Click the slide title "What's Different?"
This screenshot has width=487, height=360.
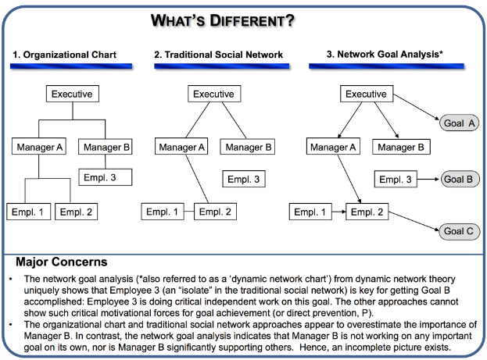tap(222, 21)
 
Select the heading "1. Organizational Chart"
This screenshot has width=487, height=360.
tap(64, 55)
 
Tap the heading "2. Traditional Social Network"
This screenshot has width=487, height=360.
tap(218, 55)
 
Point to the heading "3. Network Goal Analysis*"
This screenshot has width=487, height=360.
tap(385, 55)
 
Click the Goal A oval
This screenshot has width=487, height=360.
tap(459, 123)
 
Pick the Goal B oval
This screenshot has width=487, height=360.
tap(460, 179)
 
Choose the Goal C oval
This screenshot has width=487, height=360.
tap(459, 231)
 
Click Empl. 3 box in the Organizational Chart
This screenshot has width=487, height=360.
tap(106, 177)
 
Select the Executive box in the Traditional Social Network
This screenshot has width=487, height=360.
tap(214, 94)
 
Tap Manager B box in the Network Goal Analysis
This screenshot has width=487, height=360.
tap(401, 147)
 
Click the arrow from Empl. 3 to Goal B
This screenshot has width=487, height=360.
tap(428, 179)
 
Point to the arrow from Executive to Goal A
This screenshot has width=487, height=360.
tap(416, 106)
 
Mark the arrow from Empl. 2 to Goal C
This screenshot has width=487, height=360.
tap(414, 221)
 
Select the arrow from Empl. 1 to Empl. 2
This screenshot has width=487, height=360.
tap(338, 212)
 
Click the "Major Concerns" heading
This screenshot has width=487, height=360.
tap(62, 262)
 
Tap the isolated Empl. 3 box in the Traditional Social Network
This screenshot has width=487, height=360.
tap(244, 179)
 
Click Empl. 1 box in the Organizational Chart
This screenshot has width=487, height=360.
tap(29, 212)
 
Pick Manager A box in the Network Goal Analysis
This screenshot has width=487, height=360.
tap(333, 147)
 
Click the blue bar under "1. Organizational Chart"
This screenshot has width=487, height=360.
tap(71, 66)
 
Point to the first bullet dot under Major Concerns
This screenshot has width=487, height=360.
tap(11, 279)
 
